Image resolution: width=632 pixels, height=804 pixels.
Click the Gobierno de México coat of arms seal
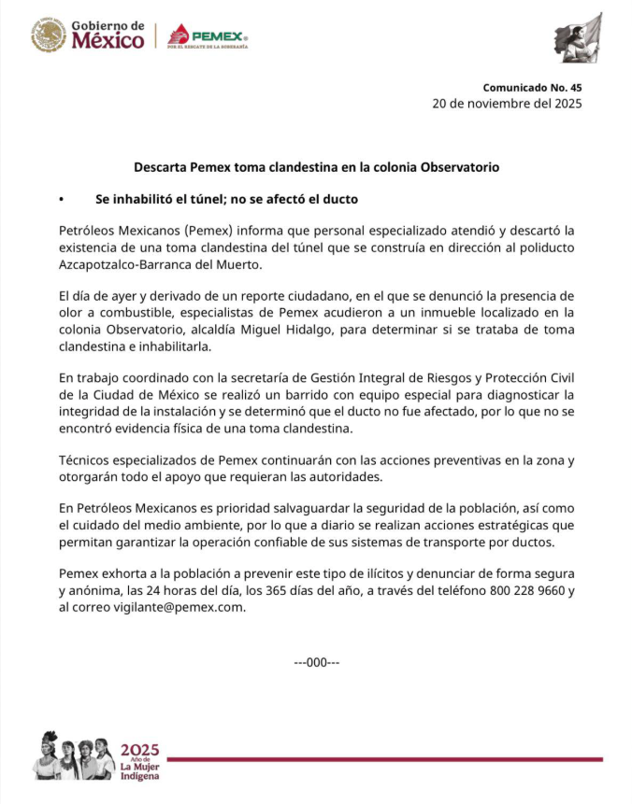pyautogui.click(x=49, y=35)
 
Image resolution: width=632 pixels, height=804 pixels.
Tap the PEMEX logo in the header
pyautogui.click(x=208, y=36)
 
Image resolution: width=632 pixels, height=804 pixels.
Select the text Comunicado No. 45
pyautogui.click(x=532, y=88)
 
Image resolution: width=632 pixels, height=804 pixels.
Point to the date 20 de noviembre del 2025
pyautogui.click(x=507, y=104)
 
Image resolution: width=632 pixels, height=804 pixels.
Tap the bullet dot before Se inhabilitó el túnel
pyautogui.click(x=61, y=200)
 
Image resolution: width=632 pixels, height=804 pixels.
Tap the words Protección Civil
pyautogui.click(x=527, y=377)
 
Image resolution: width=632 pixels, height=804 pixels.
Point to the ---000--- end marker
pyautogui.click(x=316, y=662)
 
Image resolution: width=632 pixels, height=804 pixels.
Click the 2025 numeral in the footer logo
pyautogui.click(x=139, y=749)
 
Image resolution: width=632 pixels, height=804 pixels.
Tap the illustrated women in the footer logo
pyautogui.click(x=74, y=756)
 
